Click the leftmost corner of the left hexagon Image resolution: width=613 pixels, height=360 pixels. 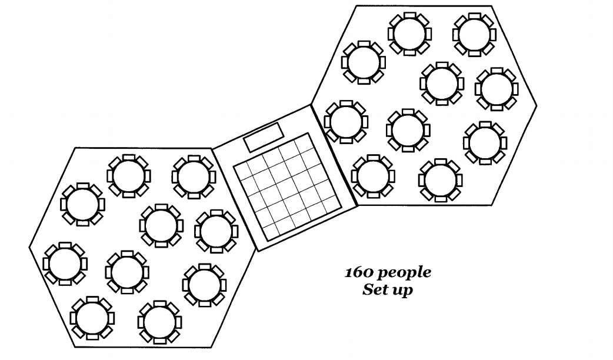(29, 247)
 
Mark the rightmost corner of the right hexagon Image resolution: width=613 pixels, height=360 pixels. (537, 105)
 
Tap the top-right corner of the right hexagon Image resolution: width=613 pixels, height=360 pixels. (491, 6)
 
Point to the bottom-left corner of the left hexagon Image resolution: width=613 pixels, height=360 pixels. (75, 346)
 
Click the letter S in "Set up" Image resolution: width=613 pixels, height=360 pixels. (368, 289)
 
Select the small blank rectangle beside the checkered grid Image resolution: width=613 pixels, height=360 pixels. (264, 137)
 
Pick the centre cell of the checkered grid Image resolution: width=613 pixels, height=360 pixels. (288, 187)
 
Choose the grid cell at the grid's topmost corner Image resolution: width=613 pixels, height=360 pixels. (301, 141)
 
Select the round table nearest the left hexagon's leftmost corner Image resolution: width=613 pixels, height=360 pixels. (65, 264)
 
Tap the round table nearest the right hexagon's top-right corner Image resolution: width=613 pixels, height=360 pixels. (474, 34)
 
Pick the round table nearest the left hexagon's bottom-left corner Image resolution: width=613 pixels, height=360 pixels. (92, 318)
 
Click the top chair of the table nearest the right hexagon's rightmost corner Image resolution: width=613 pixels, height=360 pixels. (496, 71)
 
